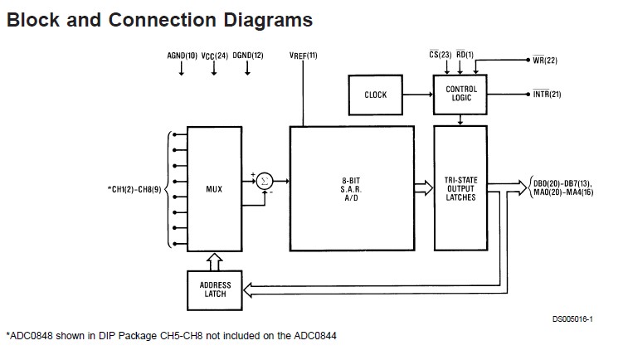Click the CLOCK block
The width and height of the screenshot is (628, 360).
pos(375,95)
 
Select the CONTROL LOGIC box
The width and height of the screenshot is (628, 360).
pos(461,94)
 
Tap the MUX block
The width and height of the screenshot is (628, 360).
pos(214,188)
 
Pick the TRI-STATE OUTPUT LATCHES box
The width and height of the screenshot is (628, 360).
pos(461,188)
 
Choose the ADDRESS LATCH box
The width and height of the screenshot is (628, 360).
pos(214,289)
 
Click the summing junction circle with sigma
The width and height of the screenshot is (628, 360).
pos(264,180)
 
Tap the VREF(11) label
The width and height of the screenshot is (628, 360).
pos(303,56)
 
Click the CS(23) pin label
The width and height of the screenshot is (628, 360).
pos(439,56)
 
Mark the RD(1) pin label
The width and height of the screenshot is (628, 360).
pos(465,56)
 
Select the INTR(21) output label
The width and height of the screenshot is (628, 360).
pos(547,95)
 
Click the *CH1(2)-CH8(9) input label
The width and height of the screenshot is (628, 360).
pos(136,189)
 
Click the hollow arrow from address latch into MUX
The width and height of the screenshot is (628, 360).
pos(214,260)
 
